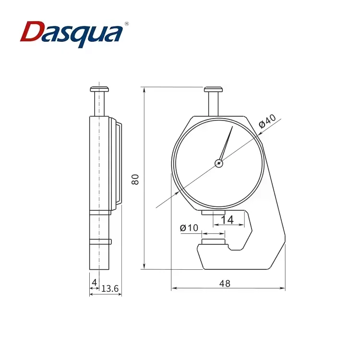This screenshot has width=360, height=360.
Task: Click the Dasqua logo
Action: pyautogui.click(x=72, y=33)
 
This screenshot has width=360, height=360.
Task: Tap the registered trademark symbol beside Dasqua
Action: pyautogui.click(x=127, y=23)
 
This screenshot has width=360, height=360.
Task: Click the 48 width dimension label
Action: pyautogui.click(x=224, y=283)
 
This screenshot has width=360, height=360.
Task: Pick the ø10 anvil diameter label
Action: pyautogui.click(x=189, y=228)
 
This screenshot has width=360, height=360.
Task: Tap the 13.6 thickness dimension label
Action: pyautogui.click(x=110, y=288)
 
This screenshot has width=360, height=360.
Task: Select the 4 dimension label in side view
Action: pyautogui.click(x=94, y=282)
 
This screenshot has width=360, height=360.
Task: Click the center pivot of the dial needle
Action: pyautogui.click(x=219, y=163)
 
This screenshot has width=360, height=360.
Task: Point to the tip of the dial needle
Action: pyautogui.click(x=232, y=127)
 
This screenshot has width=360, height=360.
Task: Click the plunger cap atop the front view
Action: pyautogui.click(x=214, y=89)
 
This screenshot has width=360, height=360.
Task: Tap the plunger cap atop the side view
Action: pyautogui.click(x=100, y=89)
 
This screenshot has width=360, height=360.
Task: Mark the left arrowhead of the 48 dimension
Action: pyautogui.click(x=173, y=288)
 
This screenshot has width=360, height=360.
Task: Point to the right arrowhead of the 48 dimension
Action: pyautogui.click(x=284, y=288)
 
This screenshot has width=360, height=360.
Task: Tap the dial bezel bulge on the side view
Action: pyautogui.click(x=117, y=163)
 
